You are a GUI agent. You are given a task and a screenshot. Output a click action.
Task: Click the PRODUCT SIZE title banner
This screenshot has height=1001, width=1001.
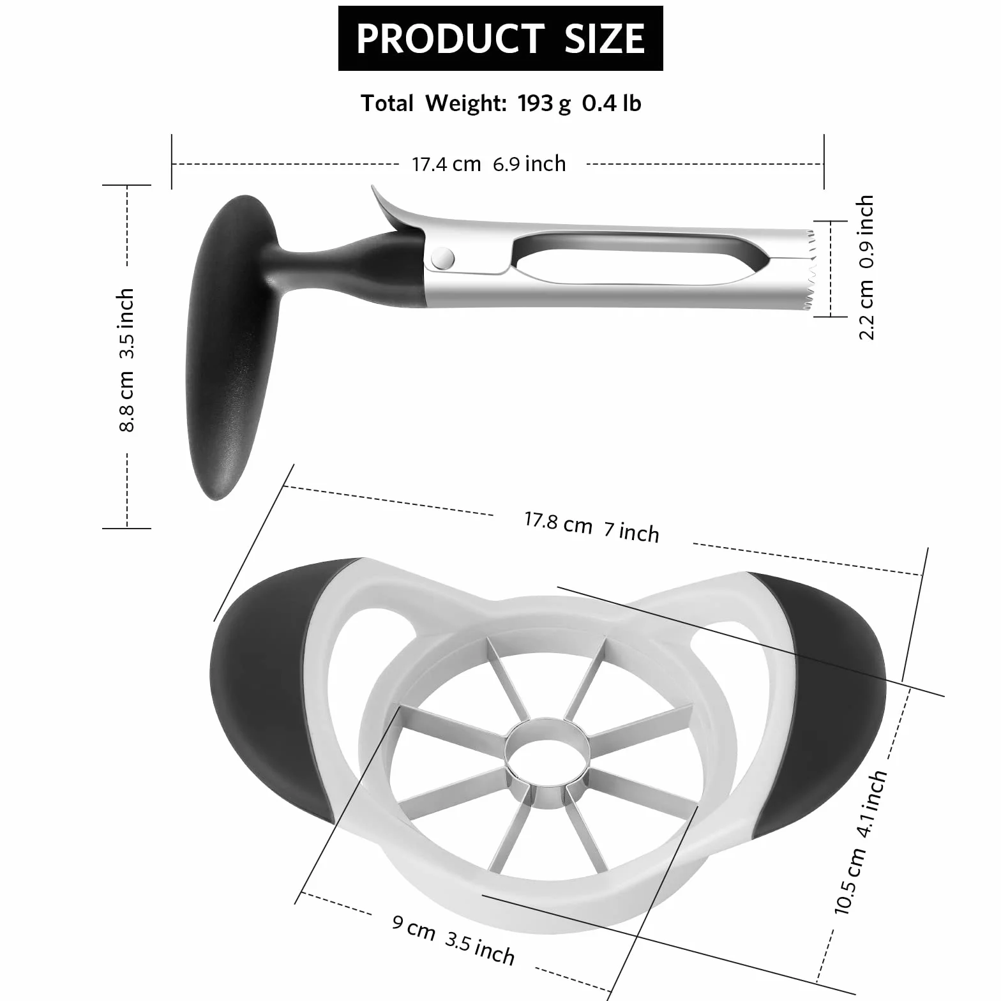pyautogui.click(x=500, y=38)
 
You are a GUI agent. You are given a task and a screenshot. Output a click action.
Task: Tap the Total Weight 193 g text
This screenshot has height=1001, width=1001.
pyautogui.click(x=466, y=103)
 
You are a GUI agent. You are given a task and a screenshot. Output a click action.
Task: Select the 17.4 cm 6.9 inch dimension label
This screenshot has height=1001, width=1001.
pyautogui.click(x=489, y=164)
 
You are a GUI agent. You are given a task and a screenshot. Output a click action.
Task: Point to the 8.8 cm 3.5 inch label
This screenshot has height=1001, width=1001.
pyautogui.click(x=126, y=360)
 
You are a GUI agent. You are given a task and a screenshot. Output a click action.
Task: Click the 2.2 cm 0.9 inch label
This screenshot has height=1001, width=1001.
pyautogui.click(x=866, y=267)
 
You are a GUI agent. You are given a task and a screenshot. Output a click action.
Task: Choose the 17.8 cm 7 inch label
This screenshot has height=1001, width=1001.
pyautogui.click(x=592, y=527)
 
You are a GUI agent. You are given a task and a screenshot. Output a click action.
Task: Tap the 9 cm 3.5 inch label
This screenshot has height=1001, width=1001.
pyautogui.click(x=453, y=938)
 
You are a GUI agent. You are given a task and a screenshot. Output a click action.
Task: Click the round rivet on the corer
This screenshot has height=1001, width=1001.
pyautogui.click(x=442, y=258)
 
